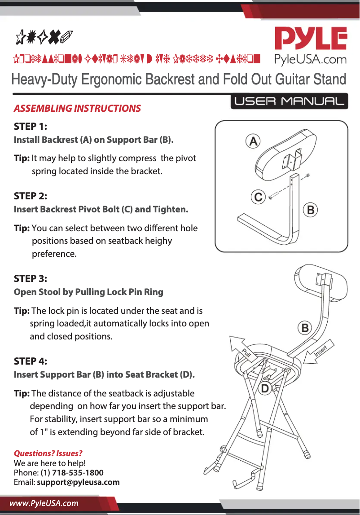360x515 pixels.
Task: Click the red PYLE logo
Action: (311, 40)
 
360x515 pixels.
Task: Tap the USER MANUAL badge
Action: (290, 101)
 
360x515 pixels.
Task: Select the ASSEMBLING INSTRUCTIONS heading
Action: (77, 109)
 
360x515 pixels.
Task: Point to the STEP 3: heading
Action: (31, 278)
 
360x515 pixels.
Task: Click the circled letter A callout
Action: (253, 141)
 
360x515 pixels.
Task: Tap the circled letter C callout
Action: (258, 197)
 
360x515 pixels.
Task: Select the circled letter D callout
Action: (265, 388)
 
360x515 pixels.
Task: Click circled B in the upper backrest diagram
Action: (311, 209)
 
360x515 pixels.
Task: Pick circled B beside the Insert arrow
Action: (305, 328)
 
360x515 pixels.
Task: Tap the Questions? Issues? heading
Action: (48, 453)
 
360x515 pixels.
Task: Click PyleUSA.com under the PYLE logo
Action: (311, 60)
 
